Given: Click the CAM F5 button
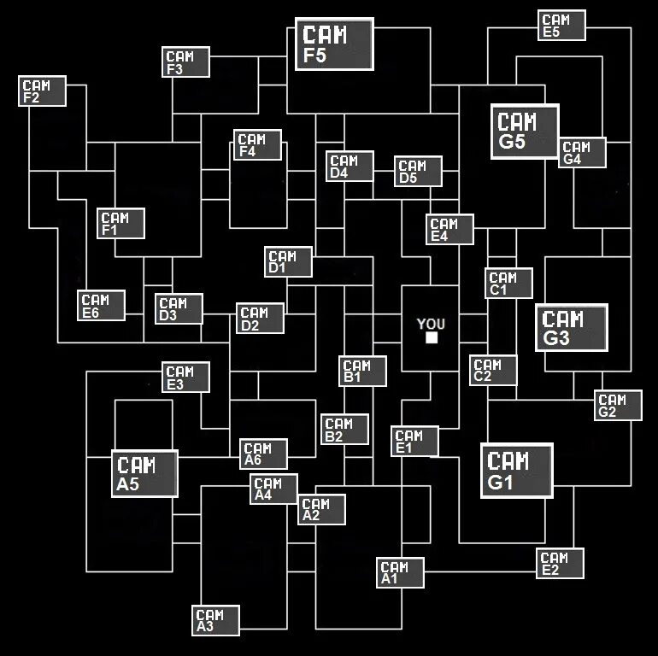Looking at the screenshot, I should (334, 44).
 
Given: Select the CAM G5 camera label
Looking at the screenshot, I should (524, 131).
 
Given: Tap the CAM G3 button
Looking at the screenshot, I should (571, 328).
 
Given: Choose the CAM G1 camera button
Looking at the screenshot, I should (516, 471).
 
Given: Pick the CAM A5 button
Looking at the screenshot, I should (144, 474).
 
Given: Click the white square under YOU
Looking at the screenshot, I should (432, 338).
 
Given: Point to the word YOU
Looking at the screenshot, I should (432, 324).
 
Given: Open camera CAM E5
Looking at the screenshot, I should (562, 26).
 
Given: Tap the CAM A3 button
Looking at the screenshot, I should (216, 621).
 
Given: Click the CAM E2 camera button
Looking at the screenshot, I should (561, 564).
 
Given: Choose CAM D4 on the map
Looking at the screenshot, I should (350, 167).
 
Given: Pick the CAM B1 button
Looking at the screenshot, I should (363, 371).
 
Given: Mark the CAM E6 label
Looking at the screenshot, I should (101, 306).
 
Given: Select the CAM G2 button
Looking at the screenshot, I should (618, 406).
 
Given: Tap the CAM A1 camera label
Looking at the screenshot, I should (400, 572).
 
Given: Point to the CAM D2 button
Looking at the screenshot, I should (261, 319).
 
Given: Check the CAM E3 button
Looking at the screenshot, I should (186, 378).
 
